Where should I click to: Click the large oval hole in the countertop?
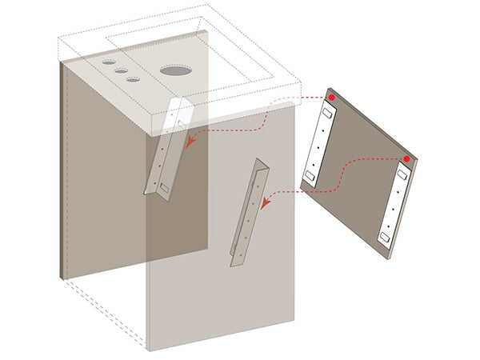(176, 70)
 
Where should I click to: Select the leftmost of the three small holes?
(108, 61)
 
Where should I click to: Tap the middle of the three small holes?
(121, 70)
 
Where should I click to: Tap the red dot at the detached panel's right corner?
(407, 159)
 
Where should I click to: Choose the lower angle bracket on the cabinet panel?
(249, 212)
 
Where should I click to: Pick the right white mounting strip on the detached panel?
(392, 203)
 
